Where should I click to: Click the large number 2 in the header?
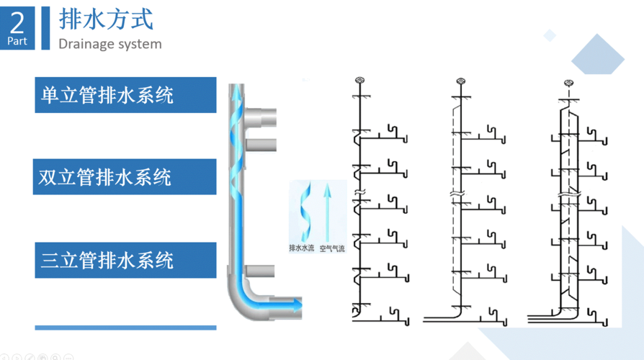(17, 23)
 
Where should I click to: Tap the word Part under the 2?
(17, 41)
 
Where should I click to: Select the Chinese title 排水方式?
(106, 19)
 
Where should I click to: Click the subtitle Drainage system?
(110, 44)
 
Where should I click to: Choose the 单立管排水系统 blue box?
(125, 94)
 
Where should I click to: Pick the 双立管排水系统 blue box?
(125, 176)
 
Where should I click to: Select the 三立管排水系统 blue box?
(125, 260)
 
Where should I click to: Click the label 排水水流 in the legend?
(302, 248)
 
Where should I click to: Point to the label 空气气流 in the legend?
(332, 248)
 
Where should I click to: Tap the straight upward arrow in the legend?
(328, 212)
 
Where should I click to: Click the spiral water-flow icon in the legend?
(305, 212)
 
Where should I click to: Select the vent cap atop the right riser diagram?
(568, 84)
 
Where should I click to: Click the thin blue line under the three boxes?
(125, 328)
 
